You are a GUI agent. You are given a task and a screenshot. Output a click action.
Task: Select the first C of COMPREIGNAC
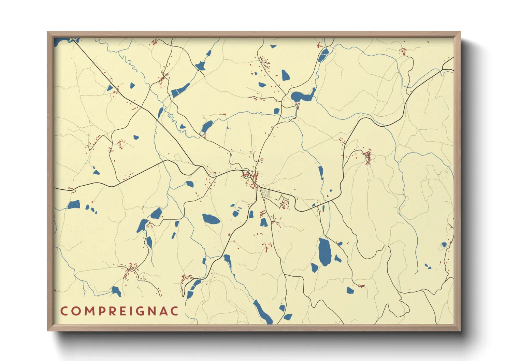tap(64, 311)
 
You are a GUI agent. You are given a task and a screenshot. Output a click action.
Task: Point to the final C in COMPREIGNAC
tap(174, 311)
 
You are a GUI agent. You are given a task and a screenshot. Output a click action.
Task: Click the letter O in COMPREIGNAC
tap(75, 311)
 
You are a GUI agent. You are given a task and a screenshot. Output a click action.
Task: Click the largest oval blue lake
tap(324, 252)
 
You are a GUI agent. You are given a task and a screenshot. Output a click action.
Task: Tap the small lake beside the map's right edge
tap(444, 245)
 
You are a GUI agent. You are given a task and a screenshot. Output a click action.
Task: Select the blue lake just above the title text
tap(116, 291)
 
